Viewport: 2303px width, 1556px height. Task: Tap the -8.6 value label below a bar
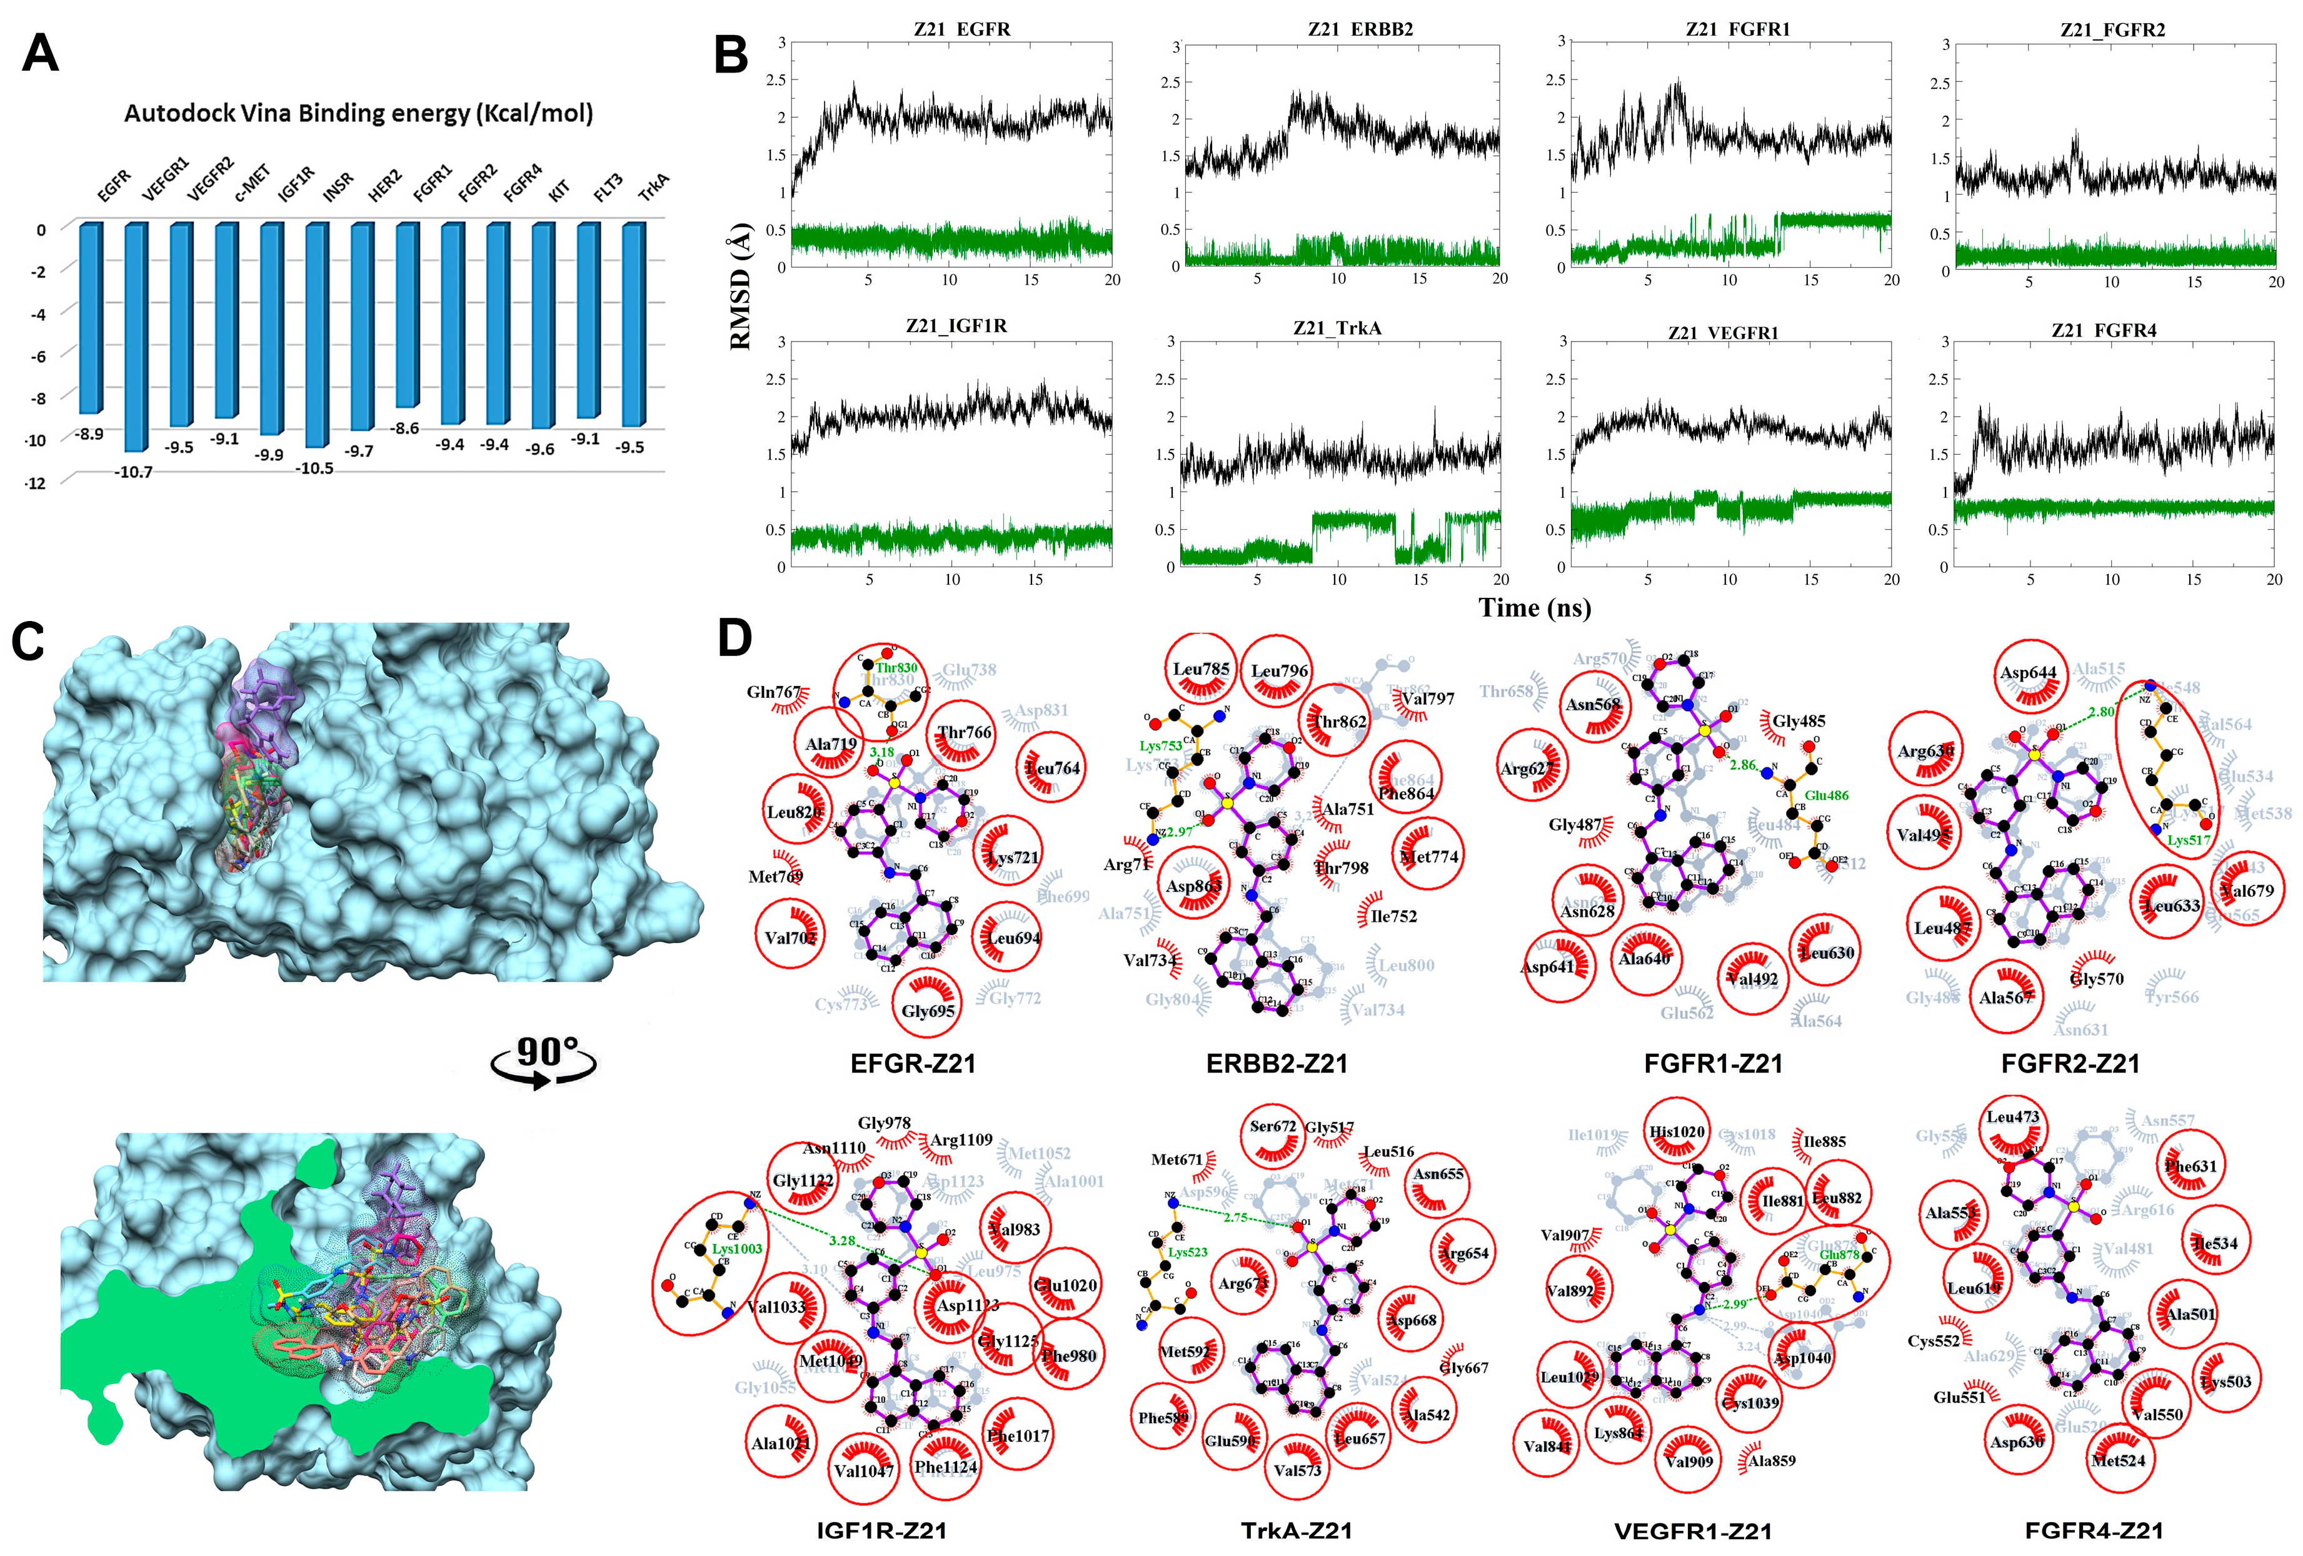point(404,429)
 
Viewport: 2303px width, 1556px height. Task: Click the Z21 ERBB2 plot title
point(1360,30)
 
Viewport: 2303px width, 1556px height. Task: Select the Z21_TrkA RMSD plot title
point(1337,328)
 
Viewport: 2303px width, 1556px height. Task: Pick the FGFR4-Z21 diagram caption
point(2094,1530)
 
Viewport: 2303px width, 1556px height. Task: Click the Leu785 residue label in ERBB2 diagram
point(1201,669)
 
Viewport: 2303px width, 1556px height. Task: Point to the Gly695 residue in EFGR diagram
point(928,1011)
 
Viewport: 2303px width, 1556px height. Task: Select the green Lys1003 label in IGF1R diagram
point(737,1249)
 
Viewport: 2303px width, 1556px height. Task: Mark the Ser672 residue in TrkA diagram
point(1272,1127)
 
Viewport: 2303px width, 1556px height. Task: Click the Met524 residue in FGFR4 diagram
point(2118,1461)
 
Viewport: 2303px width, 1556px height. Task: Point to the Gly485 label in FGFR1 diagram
point(1799,722)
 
